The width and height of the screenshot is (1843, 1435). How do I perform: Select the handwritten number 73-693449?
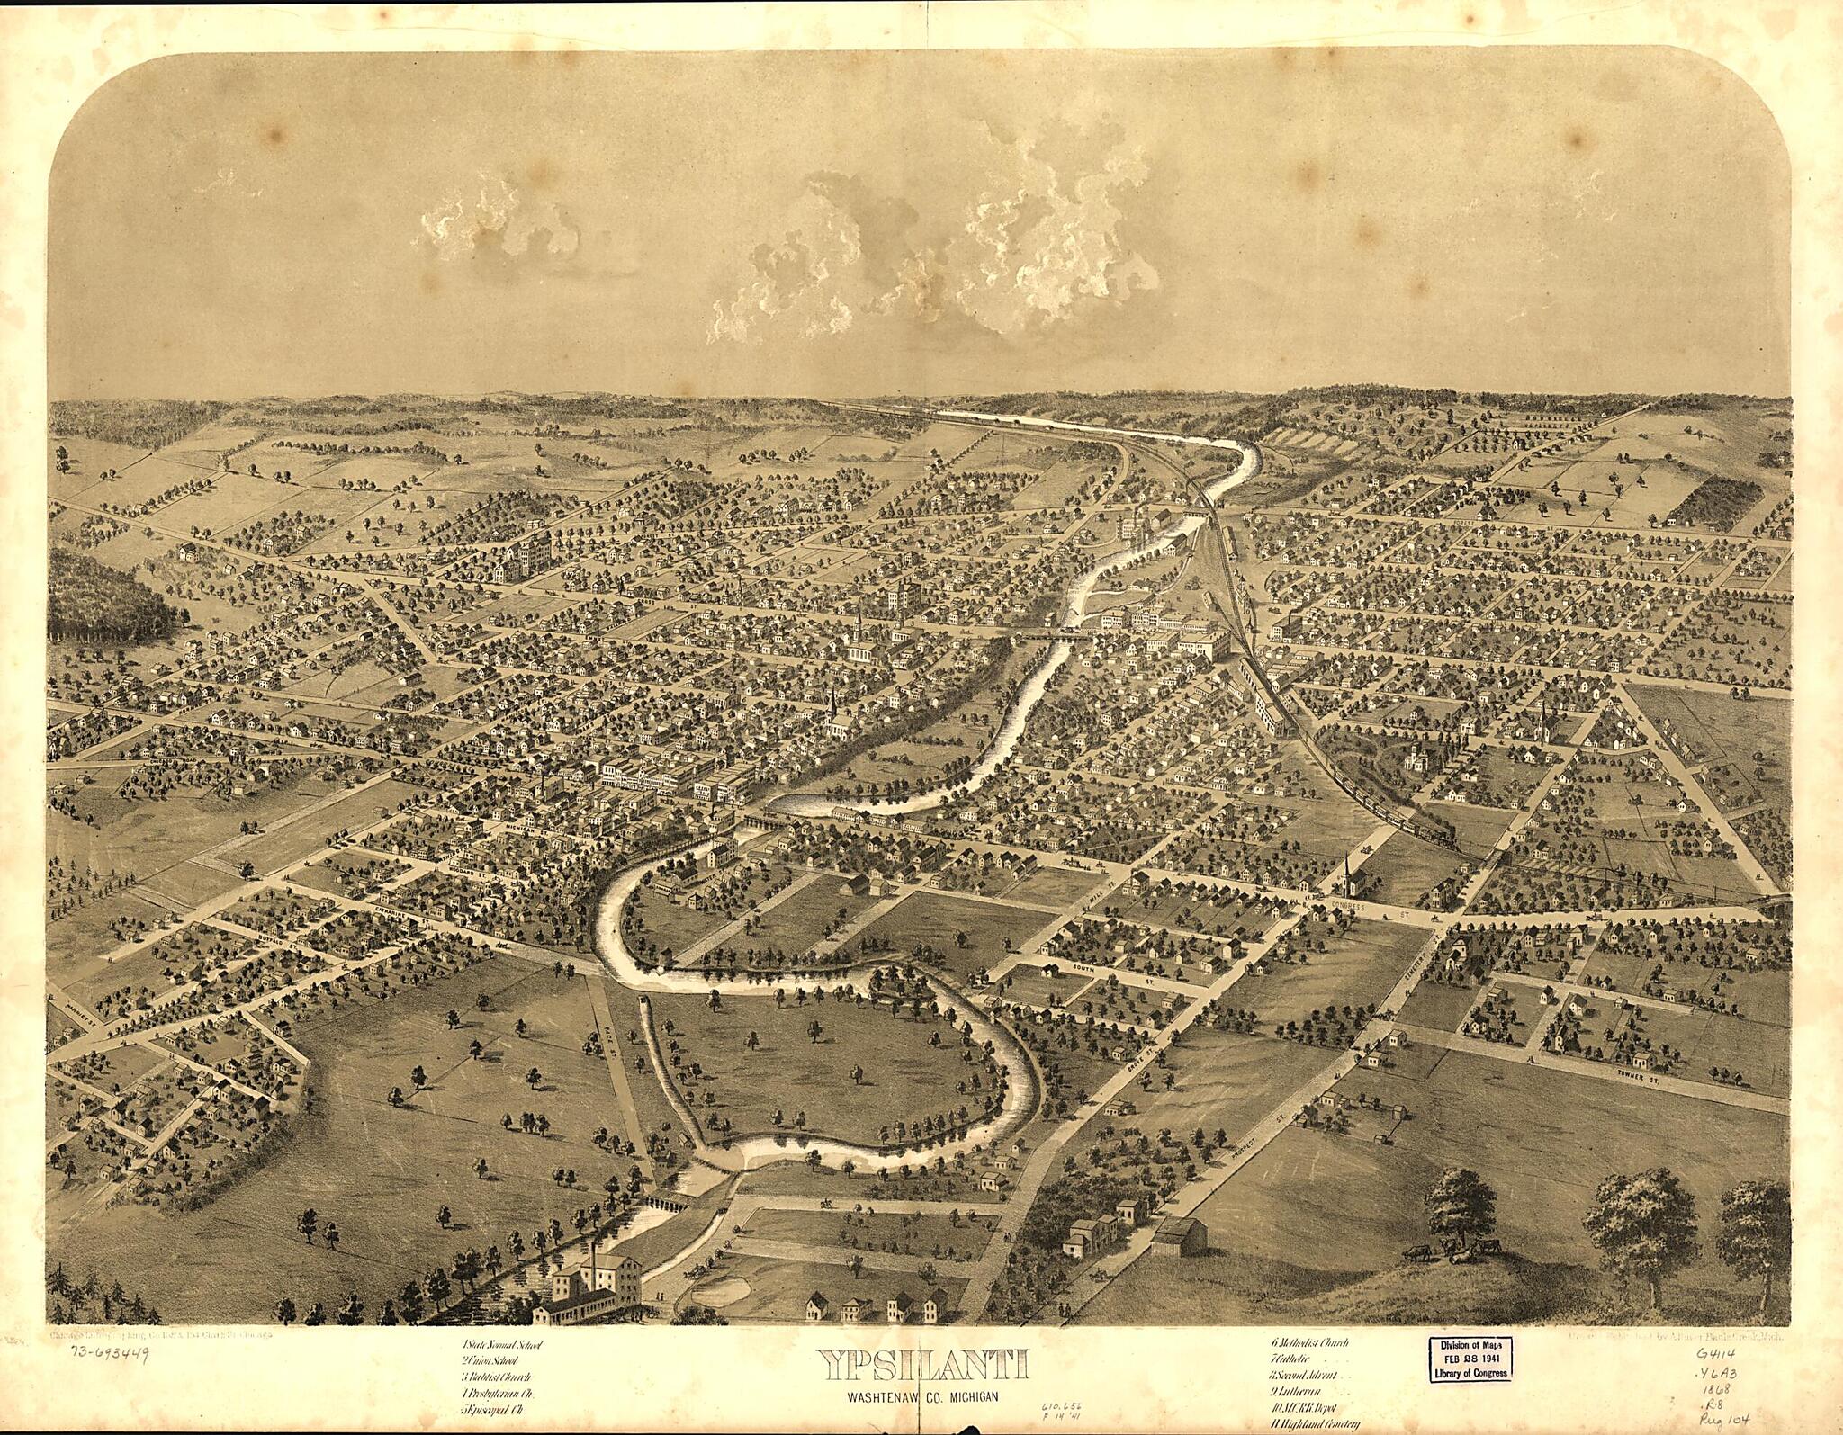pos(106,1355)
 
